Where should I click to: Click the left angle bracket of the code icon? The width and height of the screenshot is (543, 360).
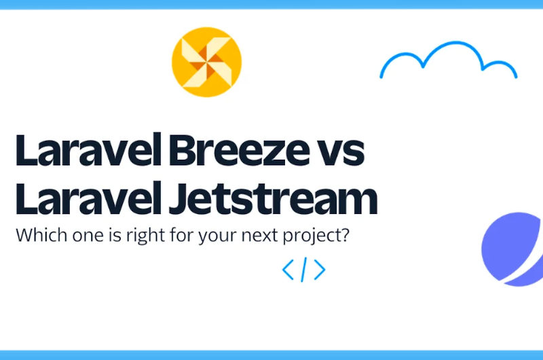[x=288, y=270]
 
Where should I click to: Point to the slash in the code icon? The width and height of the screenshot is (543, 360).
[x=303, y=270]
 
